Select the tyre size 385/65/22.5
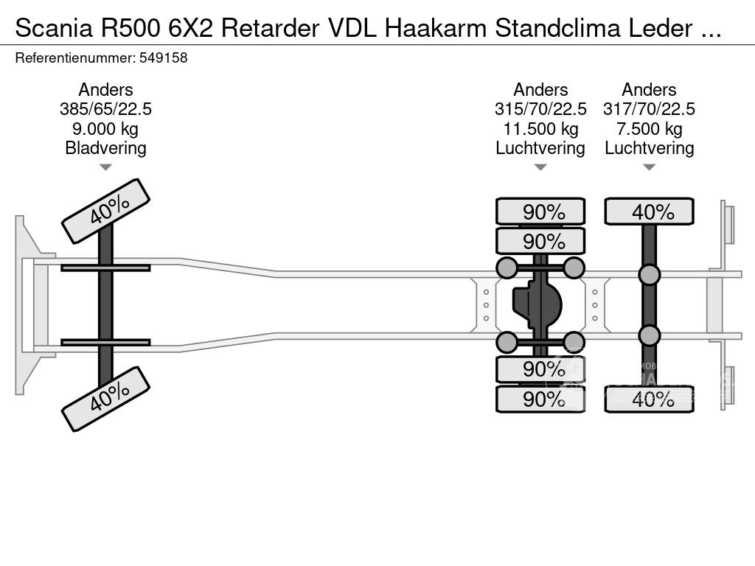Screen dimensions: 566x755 [x=105, y=109]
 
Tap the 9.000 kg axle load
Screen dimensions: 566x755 [x=105, y=129]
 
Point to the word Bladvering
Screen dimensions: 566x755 [x=105, y=148]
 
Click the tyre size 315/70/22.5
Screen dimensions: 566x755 [x=540, y=109]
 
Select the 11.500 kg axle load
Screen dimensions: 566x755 [x=540, y=129]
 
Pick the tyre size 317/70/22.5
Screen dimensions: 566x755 [x=649, y=109]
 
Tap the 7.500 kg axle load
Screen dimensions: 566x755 [x=649, y=129]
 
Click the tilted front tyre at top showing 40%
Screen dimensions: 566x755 [x=105, y=211]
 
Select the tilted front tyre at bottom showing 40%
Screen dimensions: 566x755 [x=105, y=399]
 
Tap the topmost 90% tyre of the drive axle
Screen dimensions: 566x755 [x=540, y=212]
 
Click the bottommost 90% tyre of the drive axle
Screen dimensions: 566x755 [x=540, y=399]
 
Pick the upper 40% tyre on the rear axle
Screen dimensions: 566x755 [x=649, y=212]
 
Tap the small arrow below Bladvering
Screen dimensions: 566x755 [x=105, y=167]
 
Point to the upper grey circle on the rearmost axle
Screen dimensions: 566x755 [x=649, y=275]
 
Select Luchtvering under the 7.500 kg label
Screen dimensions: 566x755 [x=649, y=148]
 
